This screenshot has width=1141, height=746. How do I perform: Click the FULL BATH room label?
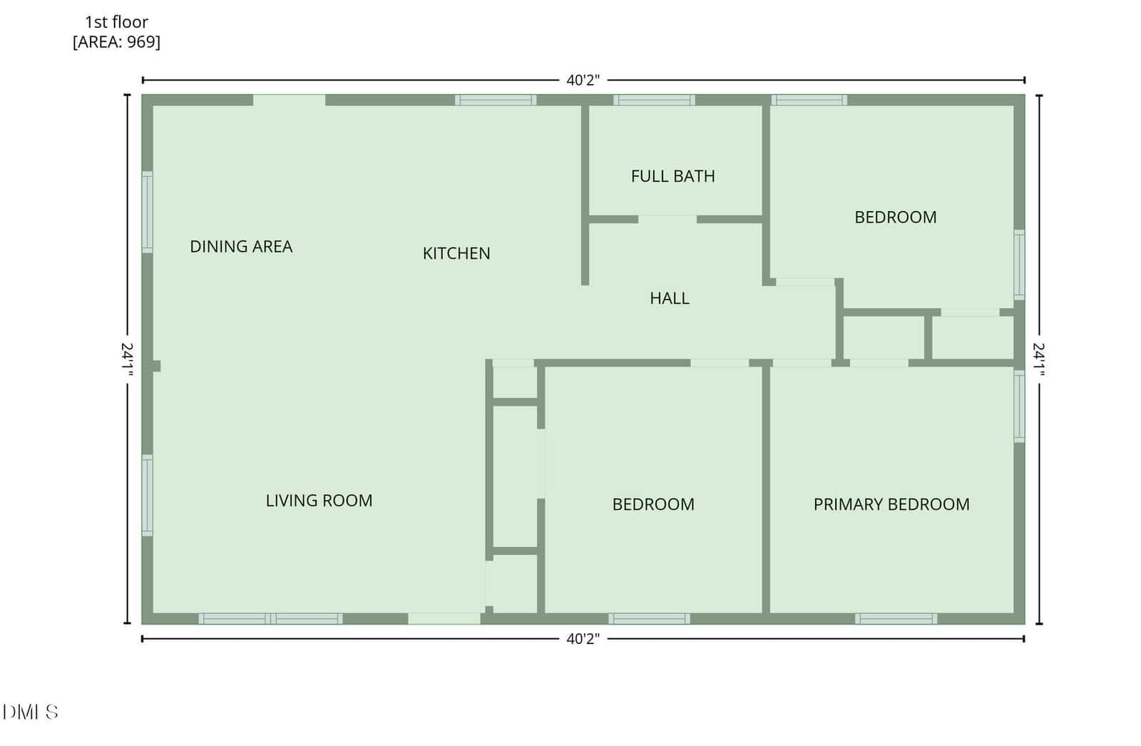pyautogui.click(x=672, y=176)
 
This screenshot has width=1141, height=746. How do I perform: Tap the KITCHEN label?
pyautogui.click(x=456, y=253)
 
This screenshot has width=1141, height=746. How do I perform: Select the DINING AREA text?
pyautogui.click(x=241, y=247)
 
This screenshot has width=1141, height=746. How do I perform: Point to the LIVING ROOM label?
pyautogui.click(x=319, y=501)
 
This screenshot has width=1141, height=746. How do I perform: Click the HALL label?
pyautogui.click(x=670, y=298)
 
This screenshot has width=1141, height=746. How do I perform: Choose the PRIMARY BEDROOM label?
pyautogui.click(x=891, y=504)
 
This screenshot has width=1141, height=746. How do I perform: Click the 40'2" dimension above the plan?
pyautogui.click(x=583, y=80)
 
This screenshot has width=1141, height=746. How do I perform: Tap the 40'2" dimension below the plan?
pyautogui.click(x=583, y=638)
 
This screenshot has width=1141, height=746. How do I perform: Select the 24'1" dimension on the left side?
pyautogui.click(x=128, y=359)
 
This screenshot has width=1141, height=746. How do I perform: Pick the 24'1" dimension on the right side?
pyautogui.click(x=1039, y=359)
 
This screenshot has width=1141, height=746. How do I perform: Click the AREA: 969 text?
pyautogui.click(x=117, y=42)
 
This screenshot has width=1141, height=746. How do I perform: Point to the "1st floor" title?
pyautogui.click(x=116, y=22)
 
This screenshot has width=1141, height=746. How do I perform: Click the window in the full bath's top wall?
pyautogui.click(x=654, y=100)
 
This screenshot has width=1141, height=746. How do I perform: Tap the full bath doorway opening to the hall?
pyautogui.click(x=667, y=219)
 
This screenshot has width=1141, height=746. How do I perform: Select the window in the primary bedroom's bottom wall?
pyautogui.click(x=896, y=618)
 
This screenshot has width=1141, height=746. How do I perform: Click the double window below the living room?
pyautogui.click(x=270, y=618)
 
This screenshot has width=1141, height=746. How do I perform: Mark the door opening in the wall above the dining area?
pyautogui.click(x=289, y=100)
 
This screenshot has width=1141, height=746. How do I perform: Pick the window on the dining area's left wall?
pyautogui.click(x=147, y=212)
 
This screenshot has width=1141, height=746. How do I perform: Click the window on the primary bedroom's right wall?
pyautogui.click(x=1019, y=406)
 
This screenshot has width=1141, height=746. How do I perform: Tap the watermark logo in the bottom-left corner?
pyautogui.click(x=31, y=712)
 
